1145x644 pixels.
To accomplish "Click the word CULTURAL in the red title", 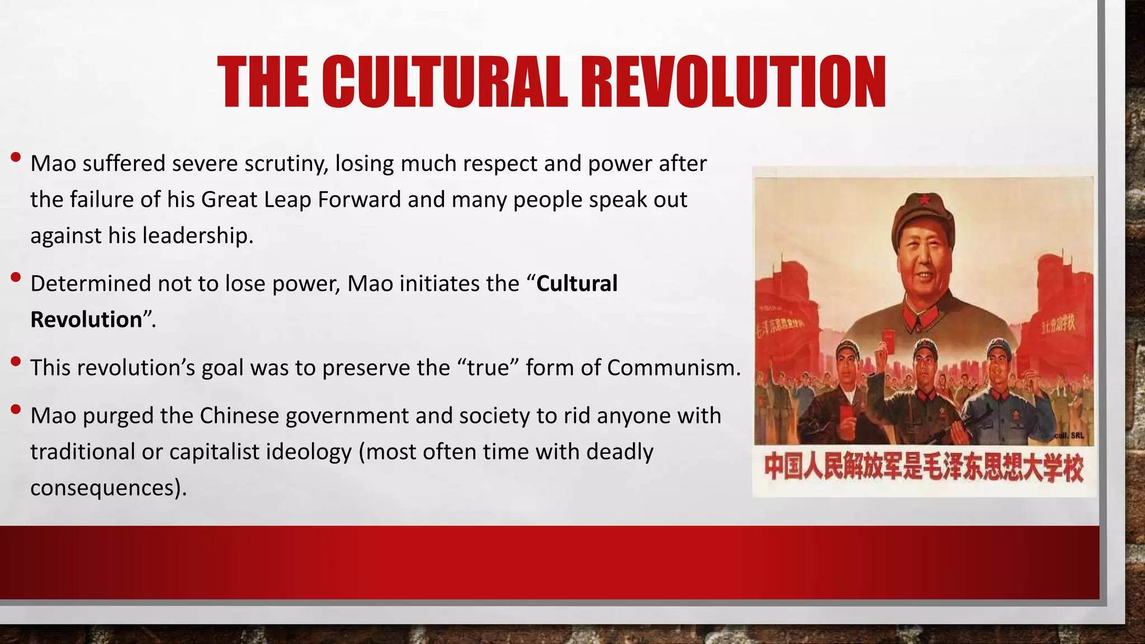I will pyautogui.click(x=444, y=82).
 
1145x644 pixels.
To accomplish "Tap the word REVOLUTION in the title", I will pyautogui.click(x=733, y=82).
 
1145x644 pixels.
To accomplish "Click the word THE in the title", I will pyautogui.click(x=263, y=82).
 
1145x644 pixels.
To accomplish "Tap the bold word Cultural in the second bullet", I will pyautogui.click(x=576, y=283).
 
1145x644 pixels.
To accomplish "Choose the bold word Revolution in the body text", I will pyautogui.click(x=86, y=320).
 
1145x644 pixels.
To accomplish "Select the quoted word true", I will pyautogui.click(x=489, y=368).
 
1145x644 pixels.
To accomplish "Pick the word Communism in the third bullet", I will pyautogui.click(x=673, y=368).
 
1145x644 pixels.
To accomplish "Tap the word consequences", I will pyautogui.click(x=105, y=488).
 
